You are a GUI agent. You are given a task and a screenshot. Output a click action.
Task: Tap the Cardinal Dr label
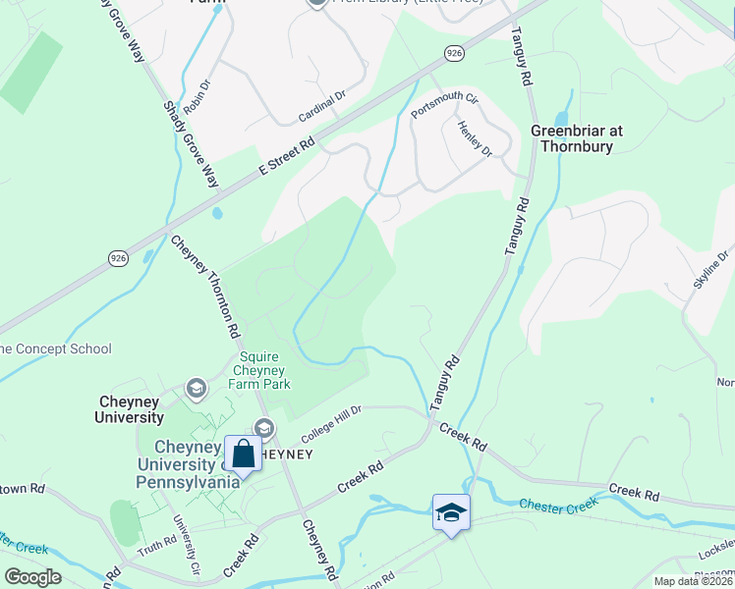323,109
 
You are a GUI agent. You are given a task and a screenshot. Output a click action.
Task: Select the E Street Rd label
287,155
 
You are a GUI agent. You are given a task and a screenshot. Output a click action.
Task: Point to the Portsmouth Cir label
444,105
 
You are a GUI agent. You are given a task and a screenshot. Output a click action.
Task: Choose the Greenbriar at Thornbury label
577,138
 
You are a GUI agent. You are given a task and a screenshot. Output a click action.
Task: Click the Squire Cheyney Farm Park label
259,370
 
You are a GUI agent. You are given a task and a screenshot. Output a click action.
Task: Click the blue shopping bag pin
243,454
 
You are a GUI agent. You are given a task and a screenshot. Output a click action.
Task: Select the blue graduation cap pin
451,512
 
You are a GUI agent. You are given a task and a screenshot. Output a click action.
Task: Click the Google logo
33,577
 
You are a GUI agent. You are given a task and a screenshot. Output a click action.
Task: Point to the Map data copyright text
693,581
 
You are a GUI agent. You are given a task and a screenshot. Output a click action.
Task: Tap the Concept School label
56,348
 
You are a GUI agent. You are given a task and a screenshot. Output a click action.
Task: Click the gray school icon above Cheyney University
197,389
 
